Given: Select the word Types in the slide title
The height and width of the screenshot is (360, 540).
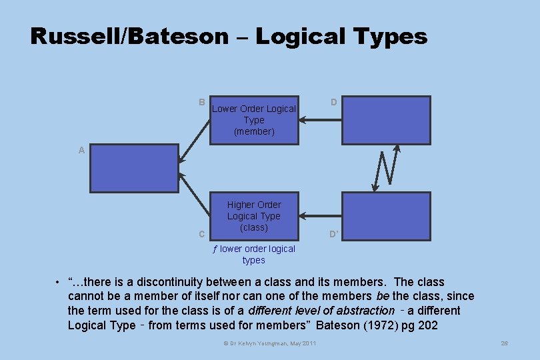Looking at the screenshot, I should pyautogui.click(x=393, y=36).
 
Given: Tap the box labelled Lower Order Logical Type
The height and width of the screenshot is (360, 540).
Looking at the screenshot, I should pyautogui.click(x=254, y=120).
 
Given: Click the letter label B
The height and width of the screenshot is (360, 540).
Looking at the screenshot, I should pyautogui.click(x=201, y=102).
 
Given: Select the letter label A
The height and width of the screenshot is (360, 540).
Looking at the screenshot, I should pyautogui.click(x=81, y=150).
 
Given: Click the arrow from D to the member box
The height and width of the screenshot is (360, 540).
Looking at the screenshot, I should pyautogui.click(x=320, y=120).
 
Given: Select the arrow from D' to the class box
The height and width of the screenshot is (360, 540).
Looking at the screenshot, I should pyautogui.click(x=320, y=215).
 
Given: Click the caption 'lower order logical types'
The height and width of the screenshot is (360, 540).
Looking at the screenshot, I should pyautogui.click(x=254, y=255).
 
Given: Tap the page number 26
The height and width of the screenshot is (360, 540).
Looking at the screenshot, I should pyautogui.click(x=504, y=343).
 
